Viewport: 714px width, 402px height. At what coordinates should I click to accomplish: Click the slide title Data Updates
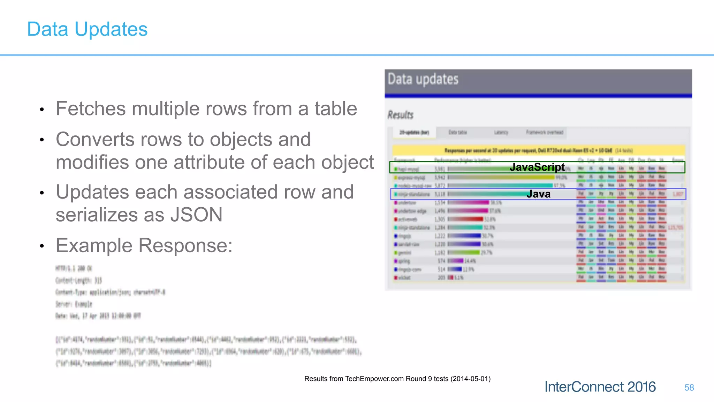pos(87,29)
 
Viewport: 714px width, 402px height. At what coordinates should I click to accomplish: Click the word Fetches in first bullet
pos(90,109)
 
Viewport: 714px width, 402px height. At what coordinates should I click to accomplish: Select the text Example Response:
pos(144,246)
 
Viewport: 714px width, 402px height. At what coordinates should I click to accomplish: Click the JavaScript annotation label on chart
pos(537,167)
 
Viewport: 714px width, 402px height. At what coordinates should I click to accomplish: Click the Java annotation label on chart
pos(538,194)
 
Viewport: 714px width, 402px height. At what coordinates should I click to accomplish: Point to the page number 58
pos(689,388)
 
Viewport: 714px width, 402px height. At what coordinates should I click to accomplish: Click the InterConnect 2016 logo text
pos(600,387)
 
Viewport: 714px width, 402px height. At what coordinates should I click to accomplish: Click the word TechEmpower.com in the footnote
pos(374,379)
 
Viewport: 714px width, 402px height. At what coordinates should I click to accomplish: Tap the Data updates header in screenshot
pos(423,80)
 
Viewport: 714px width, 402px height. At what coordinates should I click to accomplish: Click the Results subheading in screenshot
pos(401,115)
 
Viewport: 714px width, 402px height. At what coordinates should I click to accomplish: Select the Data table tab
pos(457,133)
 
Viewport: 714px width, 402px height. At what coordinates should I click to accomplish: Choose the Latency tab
pos(501,133)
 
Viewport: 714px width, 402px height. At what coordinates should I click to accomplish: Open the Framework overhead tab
pos(545,133)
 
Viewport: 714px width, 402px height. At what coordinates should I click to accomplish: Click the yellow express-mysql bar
pos(501,177)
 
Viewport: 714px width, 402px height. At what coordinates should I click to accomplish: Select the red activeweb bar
pos(466,219)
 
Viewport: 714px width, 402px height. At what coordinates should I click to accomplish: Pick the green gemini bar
pos(464,252)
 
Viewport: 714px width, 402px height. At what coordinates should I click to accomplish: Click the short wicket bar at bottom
pos(451,278)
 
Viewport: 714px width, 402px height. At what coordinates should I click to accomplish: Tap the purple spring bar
pos(456,261)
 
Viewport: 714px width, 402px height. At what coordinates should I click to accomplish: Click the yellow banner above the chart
pos(538,150)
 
